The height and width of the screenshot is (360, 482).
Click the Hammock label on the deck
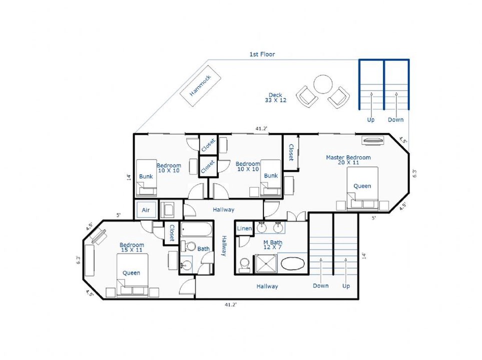200,85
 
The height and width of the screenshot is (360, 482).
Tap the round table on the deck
323,84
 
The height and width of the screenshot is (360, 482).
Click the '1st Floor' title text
262,54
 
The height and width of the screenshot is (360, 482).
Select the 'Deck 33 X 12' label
275,97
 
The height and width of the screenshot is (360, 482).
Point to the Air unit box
146,210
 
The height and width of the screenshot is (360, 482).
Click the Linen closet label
244,228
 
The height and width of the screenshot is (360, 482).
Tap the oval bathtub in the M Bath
293,264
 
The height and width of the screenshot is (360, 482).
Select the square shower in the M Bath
266,263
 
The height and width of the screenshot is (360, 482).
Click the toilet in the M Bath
245,264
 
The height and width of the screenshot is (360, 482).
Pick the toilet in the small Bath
188,246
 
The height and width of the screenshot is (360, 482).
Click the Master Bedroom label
348,159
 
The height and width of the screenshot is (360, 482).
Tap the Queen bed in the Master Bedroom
362,188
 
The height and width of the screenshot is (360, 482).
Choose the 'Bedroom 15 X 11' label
132,247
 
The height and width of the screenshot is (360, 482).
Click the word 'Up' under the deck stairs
371,119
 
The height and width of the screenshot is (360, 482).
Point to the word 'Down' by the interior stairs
321,285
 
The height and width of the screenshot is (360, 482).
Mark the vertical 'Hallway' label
224,245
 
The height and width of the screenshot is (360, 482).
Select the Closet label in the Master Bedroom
291,152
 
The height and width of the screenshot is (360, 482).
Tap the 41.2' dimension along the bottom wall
231,304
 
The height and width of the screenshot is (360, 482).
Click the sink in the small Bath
186,264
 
